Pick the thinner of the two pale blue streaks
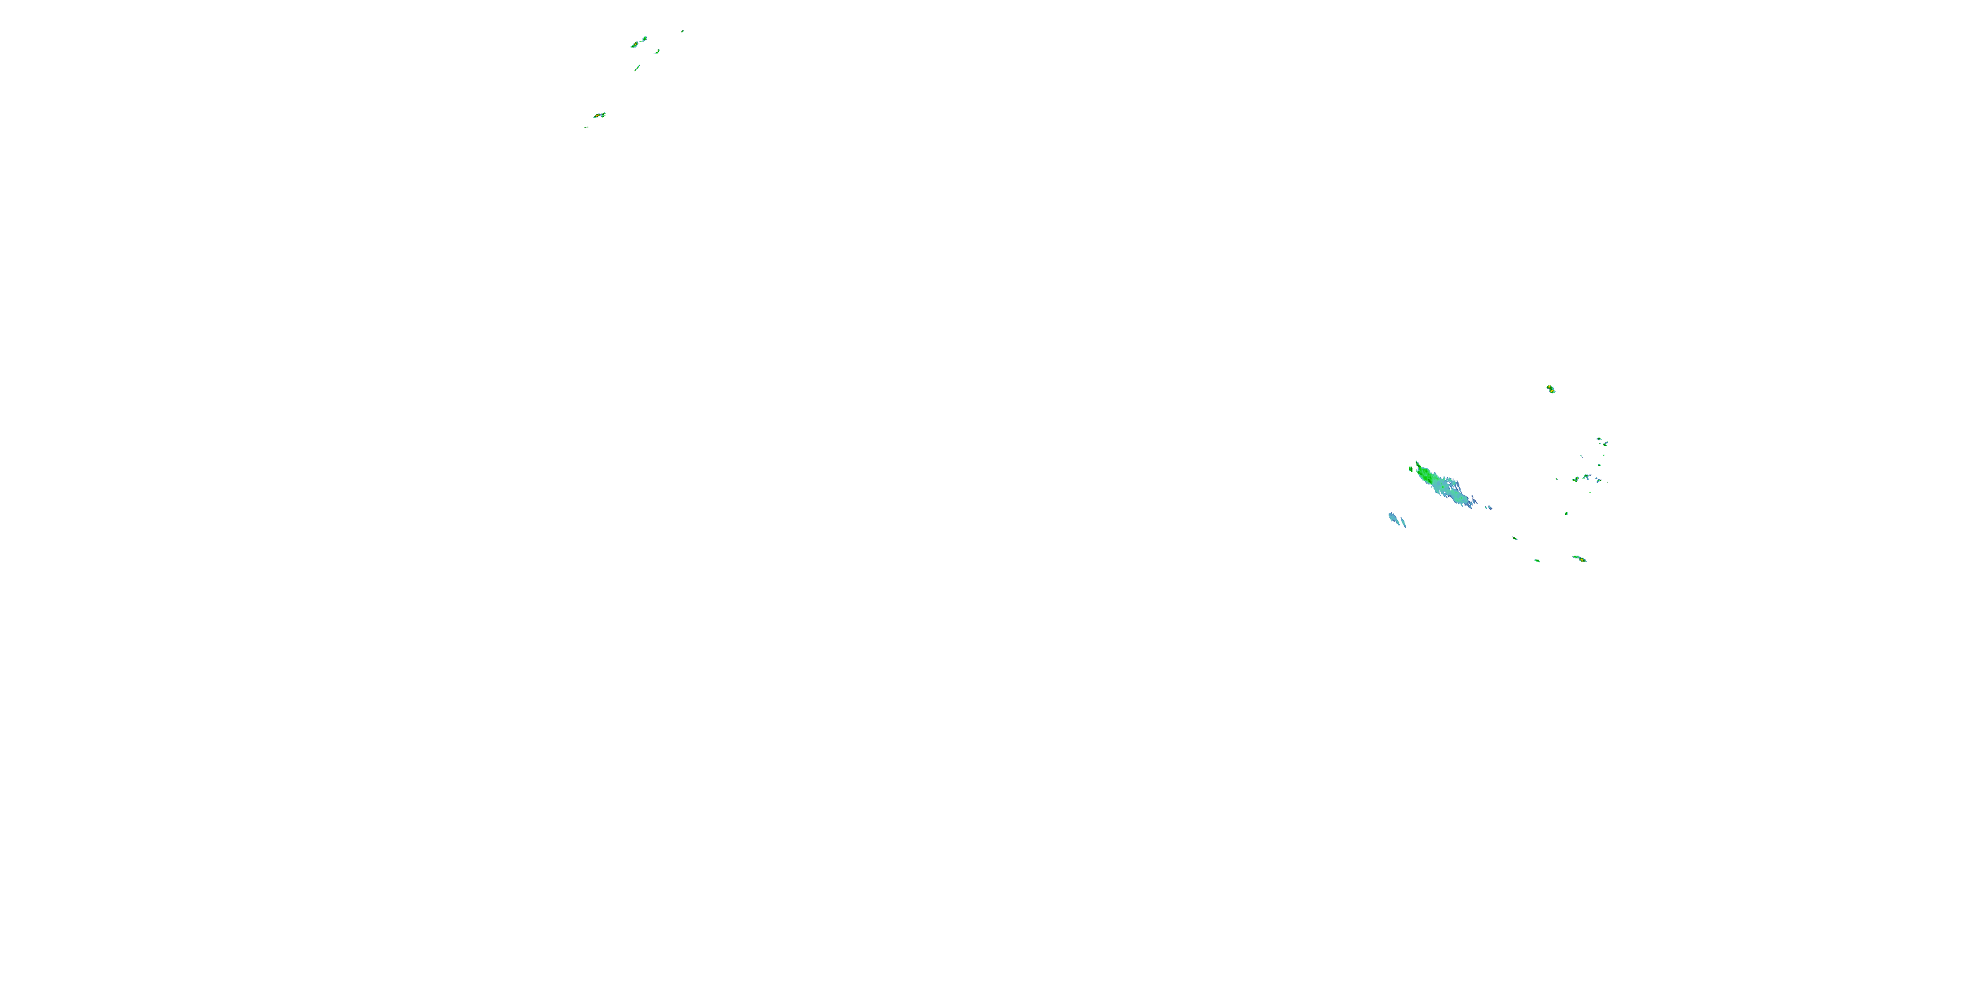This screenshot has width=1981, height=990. (x=1403, y=523)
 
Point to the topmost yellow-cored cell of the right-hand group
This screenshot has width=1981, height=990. (x=1551, y=389)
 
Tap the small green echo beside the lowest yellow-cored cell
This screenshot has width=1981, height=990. (x=1537, y=560)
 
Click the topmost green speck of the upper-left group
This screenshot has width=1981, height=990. (x=682, y=32)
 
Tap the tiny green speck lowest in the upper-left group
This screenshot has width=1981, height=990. (x=586, y=127)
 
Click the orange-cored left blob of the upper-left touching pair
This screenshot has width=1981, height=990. (x=635, y=46)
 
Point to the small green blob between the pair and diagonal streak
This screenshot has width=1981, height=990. (x=658, y=51)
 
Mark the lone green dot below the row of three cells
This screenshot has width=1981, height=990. (x=1566, y=513)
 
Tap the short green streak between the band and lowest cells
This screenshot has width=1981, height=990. (x=1515, y=538)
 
